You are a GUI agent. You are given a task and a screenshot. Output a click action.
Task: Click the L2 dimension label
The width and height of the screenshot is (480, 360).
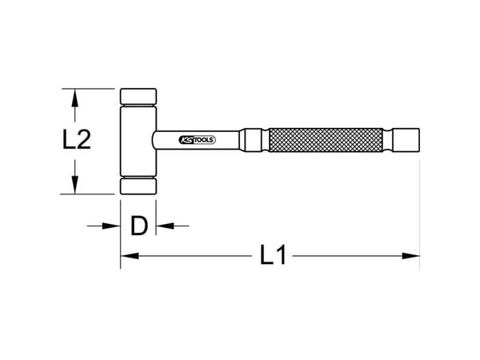coord(77,139)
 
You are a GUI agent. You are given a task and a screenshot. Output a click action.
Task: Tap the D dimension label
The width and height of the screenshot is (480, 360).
coord(139,226)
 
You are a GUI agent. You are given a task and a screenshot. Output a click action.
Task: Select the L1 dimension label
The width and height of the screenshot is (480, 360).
coord(273,254)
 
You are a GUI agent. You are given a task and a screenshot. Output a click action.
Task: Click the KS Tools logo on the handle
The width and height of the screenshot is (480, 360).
coord(197,140)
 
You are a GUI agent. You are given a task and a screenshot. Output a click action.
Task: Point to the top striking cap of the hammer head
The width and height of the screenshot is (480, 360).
coord(138,97)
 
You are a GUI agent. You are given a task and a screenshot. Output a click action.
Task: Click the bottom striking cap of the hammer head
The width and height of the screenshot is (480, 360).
coord(138,186)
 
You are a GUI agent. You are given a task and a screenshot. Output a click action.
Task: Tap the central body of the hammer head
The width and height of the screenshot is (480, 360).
coord(138,141)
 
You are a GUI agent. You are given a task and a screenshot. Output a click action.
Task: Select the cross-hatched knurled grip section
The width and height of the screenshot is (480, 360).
coord(326,140)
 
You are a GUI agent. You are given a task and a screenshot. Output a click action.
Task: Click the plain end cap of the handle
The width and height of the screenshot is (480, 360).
coord(406,140)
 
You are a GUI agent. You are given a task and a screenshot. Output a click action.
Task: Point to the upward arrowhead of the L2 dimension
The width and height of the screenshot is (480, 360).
coord(74,98)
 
